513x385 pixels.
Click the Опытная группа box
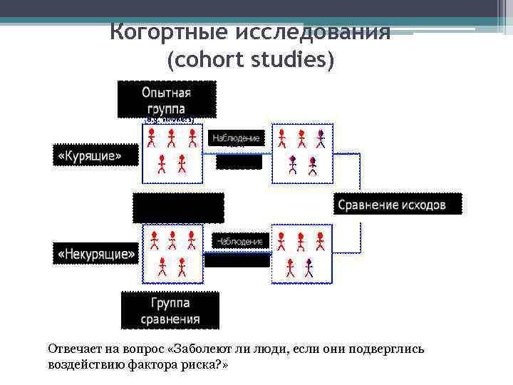pos(166,100)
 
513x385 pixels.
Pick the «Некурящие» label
pos(96,253)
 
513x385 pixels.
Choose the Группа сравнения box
pos(170,311)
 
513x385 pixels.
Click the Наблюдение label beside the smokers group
pos(236,138)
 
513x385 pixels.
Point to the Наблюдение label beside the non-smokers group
pos(240,242)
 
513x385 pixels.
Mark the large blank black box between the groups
pos(178,207)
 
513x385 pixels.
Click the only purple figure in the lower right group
pos(309,267)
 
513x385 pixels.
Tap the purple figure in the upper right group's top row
pos(321,138)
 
